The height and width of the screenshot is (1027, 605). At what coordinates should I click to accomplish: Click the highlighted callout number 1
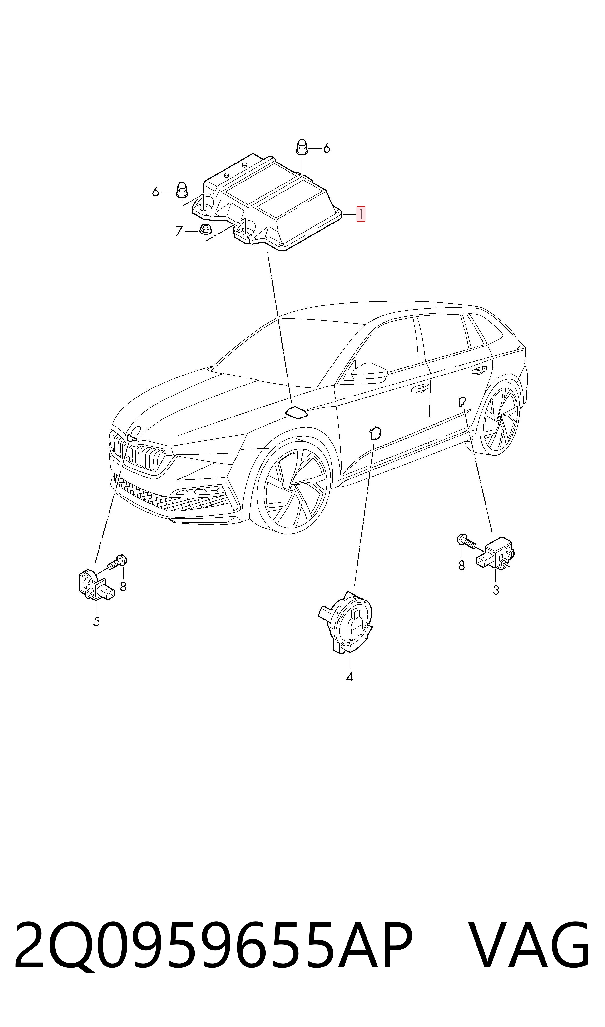(361, 214)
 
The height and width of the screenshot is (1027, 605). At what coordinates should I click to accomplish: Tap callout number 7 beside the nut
(179, 231)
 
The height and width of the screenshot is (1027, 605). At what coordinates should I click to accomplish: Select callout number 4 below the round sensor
(349, 677)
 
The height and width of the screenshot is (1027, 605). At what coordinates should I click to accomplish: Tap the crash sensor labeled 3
(495, 553)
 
